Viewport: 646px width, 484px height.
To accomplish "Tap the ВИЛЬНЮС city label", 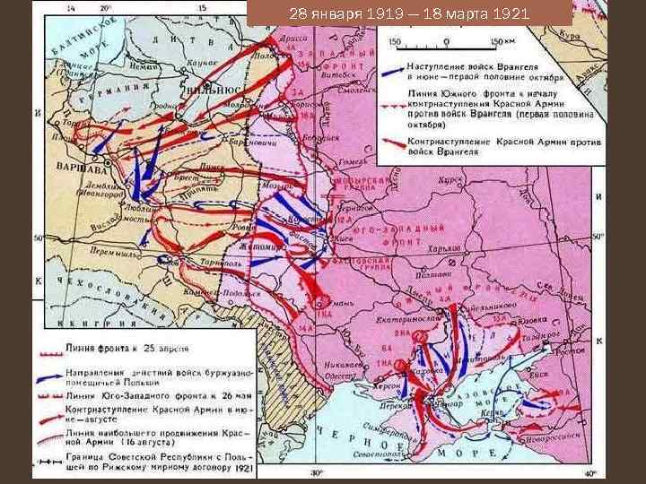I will click(216, 91).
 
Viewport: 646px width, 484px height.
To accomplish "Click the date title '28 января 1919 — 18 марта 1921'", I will click(409, 14).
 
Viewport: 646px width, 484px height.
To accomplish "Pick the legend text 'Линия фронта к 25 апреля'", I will click(126, 346).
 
